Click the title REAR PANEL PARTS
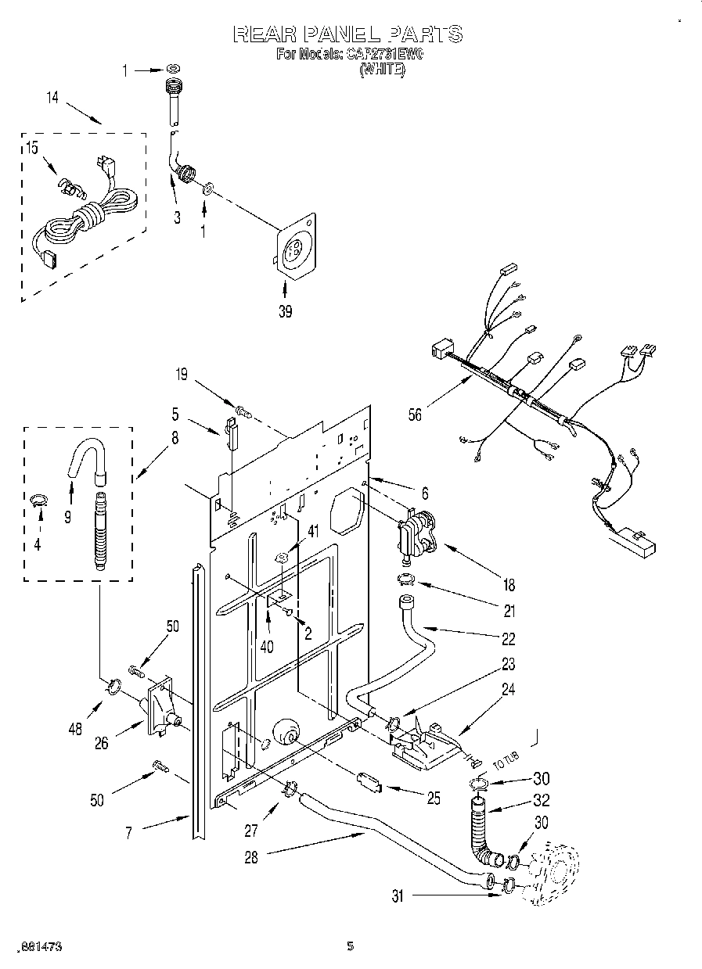pyautogui.click(x=348, y=34)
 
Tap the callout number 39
pyautogui.click(x=285, y=311)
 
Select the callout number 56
pyautogui.click(x=415, y=415)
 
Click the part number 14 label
pyautogui.click(x=52, y=98)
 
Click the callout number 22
pyautogui.click(x=509, y=638)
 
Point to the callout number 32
pyautogui.click(x=541, y=800)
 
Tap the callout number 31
pyautogui.click(x=398, y=898)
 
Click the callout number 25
pyautogui.click(x=434, y=798)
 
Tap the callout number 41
pyautogui.click(x=314, y=532)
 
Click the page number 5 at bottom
pyautogui.click(x=351, y=946)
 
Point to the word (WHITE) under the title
pyautogui.click(x=381, y=70)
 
